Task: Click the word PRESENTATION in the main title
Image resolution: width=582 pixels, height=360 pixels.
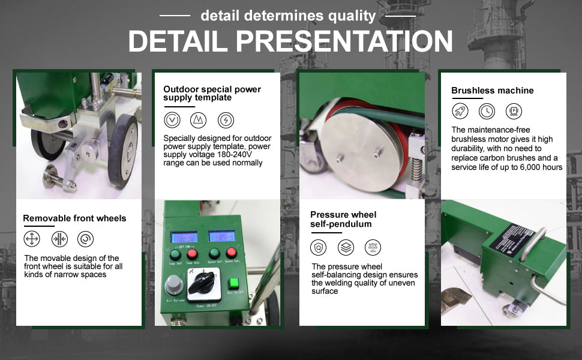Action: pyautogui.click(x=344, y=41)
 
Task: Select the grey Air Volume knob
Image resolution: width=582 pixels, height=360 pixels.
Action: pyautogui.click(x=175, y=284)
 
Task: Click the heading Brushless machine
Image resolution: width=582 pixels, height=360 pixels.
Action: pyautogui.click(x=492, y=91)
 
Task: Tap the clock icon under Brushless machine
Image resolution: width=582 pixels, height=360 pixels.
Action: pyautogui.click(x=487, y=111)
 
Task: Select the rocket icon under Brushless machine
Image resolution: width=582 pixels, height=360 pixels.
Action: pyautogui.click(x=460, y=111)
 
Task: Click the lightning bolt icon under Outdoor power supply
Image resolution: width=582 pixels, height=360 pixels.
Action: pyautogui.click(x=226, y=120)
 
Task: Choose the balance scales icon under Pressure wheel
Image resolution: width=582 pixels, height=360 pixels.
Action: pyautogui.click(x=373, y=247)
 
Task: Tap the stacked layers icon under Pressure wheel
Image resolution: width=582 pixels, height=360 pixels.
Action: pyautogui.click(x=346, y=247)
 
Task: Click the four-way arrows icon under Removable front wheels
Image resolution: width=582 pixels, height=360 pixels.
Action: pyautogui.click(x=32, y=239)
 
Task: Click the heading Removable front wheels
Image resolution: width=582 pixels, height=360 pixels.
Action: pyautogui.click(x=74, y=218)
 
